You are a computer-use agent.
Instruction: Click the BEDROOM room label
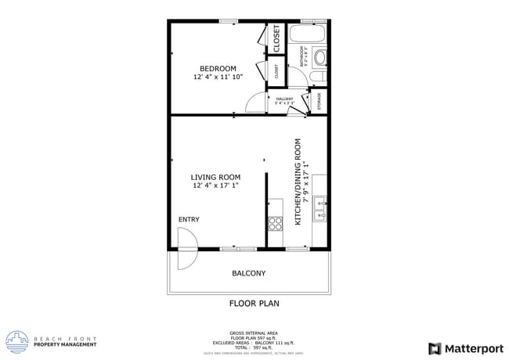(x=217, y=68)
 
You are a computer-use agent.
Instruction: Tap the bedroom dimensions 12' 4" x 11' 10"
(x=218, y=77)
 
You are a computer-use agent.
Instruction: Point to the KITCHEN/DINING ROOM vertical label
(x=298, y=182)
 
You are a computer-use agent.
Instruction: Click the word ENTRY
(x=189, y=219)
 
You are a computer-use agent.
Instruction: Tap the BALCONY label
(x=248, y=273)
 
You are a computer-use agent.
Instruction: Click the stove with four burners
(x=275, y=221)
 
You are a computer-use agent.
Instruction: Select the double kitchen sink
(x=319, y=207)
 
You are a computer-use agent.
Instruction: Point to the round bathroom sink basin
(x=319, y=58)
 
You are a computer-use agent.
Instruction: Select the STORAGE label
(x=319, y=101)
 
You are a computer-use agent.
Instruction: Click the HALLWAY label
(x=284, y=99)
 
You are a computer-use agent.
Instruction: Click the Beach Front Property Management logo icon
(x=16, y=341)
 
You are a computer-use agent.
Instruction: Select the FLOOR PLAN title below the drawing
(x=254, y=303)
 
